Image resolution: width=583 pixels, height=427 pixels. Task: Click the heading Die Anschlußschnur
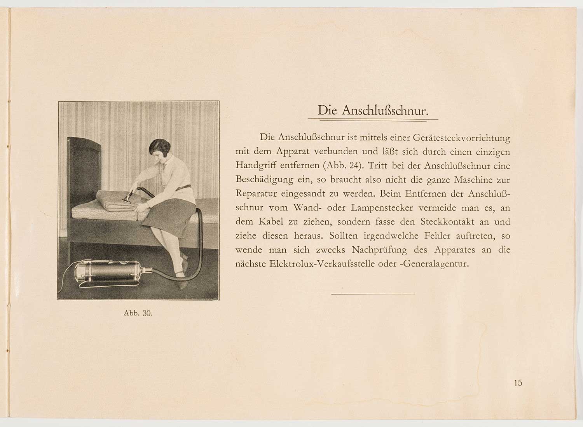coord(373,110)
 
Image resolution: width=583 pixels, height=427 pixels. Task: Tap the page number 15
coord(518,383)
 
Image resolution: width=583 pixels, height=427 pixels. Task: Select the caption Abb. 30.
coord(138,313)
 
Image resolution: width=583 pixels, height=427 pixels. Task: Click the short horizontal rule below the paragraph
coord(373,294)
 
